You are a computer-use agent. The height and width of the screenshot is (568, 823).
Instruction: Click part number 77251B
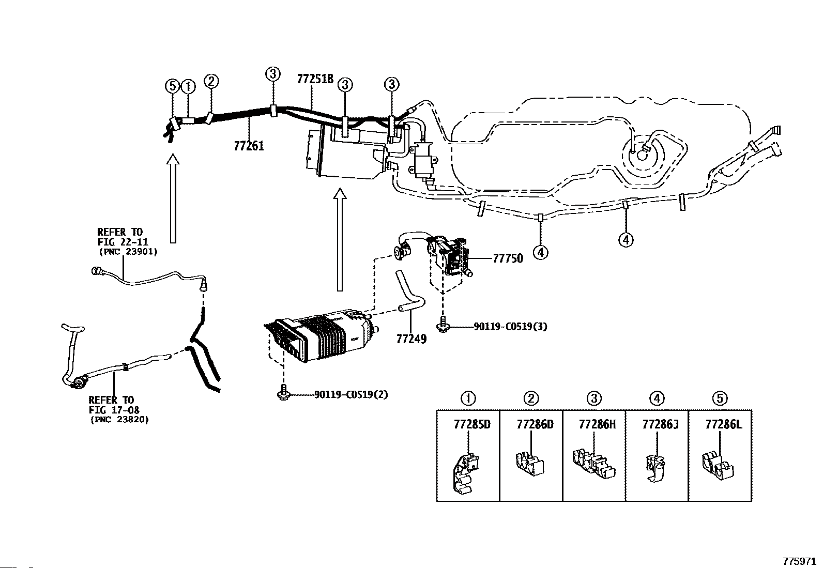pyautogui.click(x=315, y=79)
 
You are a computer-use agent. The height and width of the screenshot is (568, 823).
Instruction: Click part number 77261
pyautogui.click(x=249, y=146)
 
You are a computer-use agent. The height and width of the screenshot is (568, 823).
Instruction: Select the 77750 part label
pyautogui.click(x=507, y=258)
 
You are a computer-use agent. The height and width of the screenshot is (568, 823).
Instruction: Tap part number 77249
pyautogui.click(x=411, y=339)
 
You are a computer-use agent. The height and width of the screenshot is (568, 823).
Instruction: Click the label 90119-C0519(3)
pyautogui.click(x=510, y=326)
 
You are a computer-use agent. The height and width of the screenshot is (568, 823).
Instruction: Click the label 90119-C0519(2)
pyautogui.click(x=351, y=394)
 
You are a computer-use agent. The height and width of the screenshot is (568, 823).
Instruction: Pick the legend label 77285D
pyautogui.click(x=472, y=424)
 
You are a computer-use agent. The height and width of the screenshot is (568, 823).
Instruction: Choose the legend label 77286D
pyautogui.click(x=535, y=424)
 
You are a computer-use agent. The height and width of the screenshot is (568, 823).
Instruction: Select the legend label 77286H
pyautogui.click(x=598, y=424)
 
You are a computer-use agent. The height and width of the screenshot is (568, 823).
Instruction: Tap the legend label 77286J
pyautogui.click(x=660, y=424)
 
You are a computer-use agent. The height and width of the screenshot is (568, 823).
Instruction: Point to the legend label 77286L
pyautogui.click(x=723, y=424)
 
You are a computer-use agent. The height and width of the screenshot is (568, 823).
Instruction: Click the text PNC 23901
pyautogui.click(x=128, y=252)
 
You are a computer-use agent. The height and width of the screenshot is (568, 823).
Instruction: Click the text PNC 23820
pyautogui.click(x=119, y=420)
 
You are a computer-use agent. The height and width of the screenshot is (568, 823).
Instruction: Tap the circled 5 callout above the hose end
pyautogui.click(x=172, y=87)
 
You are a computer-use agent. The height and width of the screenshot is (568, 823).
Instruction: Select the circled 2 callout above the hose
pyautogui.click(x=211, y=81)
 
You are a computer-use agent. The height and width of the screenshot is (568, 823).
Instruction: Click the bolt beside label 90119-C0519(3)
pyautogui.click(x=443, y=324)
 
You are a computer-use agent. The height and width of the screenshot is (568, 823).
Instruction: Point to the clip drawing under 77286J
pyautogui.click(x=655, y=468)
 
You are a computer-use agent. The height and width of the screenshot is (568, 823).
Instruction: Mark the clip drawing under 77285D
pyautogui.click(x=464, y=473)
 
